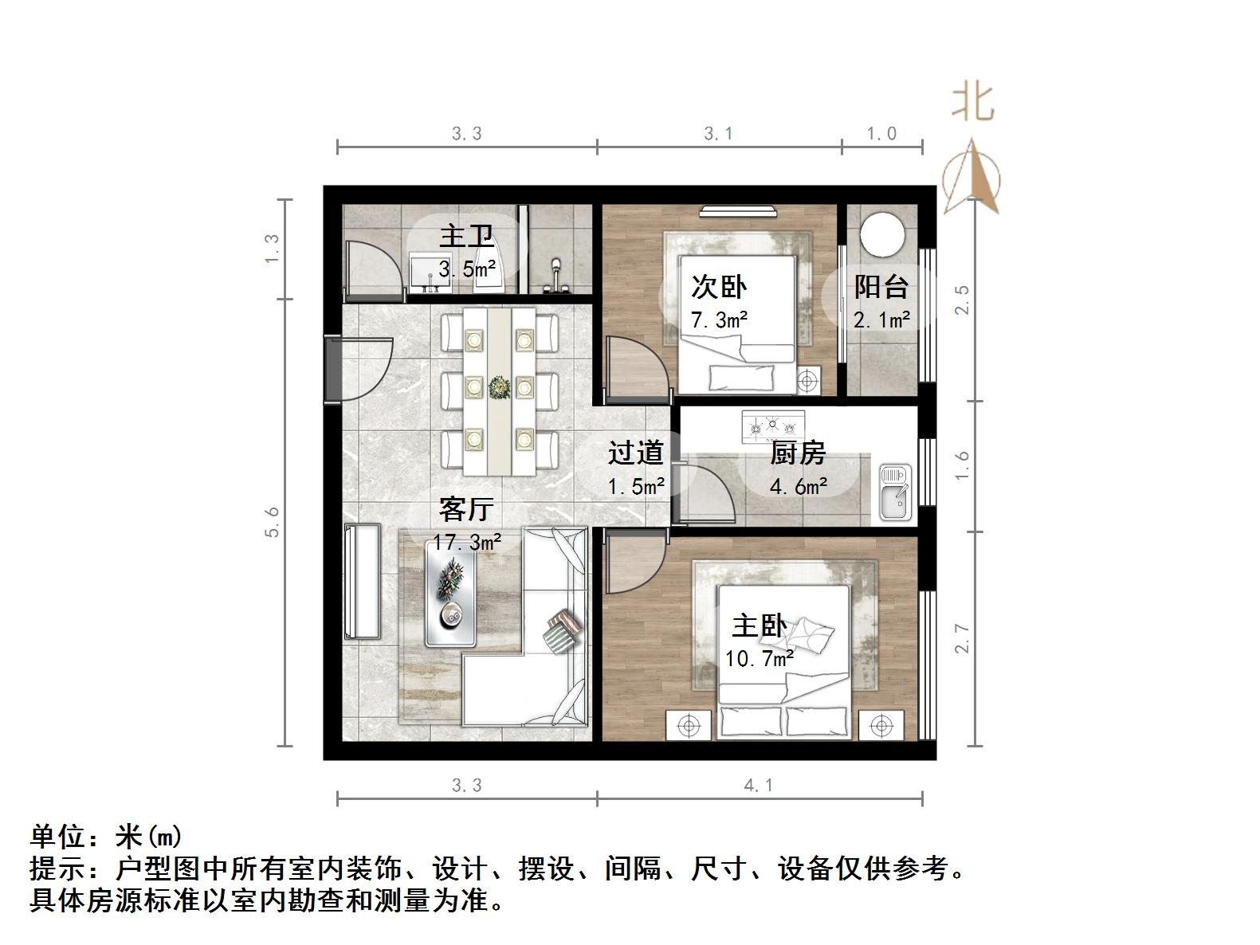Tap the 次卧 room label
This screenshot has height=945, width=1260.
[718, 287]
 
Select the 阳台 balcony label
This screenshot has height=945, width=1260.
[881, 287]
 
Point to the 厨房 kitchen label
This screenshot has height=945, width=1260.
[797, 453]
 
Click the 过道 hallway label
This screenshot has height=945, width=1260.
[635, 453]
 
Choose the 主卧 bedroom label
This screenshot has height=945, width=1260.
[759, 625]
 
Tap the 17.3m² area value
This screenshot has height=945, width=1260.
[467, 543]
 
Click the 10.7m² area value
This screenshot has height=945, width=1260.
[759, 659]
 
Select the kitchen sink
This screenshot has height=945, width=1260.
[895, 492]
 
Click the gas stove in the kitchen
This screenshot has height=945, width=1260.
[772, 426]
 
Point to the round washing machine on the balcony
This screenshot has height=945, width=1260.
[882, 232]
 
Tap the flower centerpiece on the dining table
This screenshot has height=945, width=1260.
[500, 388]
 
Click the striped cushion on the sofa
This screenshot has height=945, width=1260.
[563, 631]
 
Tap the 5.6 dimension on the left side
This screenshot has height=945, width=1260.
[273, 522]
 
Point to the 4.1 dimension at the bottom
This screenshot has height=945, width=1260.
[758, 786]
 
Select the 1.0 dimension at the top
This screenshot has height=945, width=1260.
[881, 134]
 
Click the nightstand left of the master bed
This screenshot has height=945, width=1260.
[688, 725]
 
